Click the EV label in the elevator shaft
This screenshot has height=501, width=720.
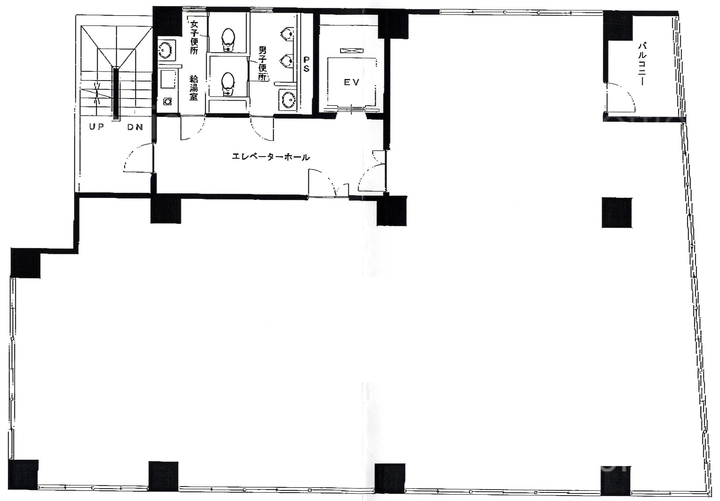click(351, 83)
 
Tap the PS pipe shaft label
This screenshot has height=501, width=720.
click(306, 64)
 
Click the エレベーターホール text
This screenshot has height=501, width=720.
click(271, 157)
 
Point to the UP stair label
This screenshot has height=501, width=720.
click(97, 127)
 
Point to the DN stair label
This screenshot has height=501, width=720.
click(135, 127)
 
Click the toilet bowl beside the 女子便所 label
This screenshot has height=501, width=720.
click(228, 39)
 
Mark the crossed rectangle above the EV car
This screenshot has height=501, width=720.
click(352, 51)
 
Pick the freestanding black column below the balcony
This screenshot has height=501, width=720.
click(617, 213)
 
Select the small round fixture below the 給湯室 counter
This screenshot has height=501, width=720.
click(168, 101)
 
